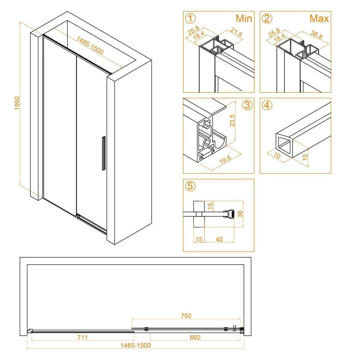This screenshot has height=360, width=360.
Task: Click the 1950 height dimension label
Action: click(17, 103)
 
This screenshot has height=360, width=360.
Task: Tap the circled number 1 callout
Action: click(190, 19)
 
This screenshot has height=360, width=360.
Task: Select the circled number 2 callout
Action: click(267, 19)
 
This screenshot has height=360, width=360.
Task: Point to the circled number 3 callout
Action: click(247, 105)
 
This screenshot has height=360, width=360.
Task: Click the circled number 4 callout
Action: click(267, 105)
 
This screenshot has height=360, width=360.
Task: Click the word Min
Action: click(244, 19)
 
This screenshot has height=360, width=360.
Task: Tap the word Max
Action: click(319, 19)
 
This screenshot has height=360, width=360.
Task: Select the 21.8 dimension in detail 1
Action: click(236, 32)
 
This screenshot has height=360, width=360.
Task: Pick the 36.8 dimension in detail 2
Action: click(316, 35)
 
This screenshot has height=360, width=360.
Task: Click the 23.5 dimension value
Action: click(232, 121)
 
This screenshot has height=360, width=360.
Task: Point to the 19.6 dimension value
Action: click(225, 160)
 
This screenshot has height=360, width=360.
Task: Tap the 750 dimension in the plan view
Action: click(186, 316)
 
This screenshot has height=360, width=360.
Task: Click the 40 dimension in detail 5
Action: click(219, 239)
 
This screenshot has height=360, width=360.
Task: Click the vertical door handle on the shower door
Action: click(104, 153)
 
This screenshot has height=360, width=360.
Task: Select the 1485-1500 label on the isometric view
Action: click(90, 45)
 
